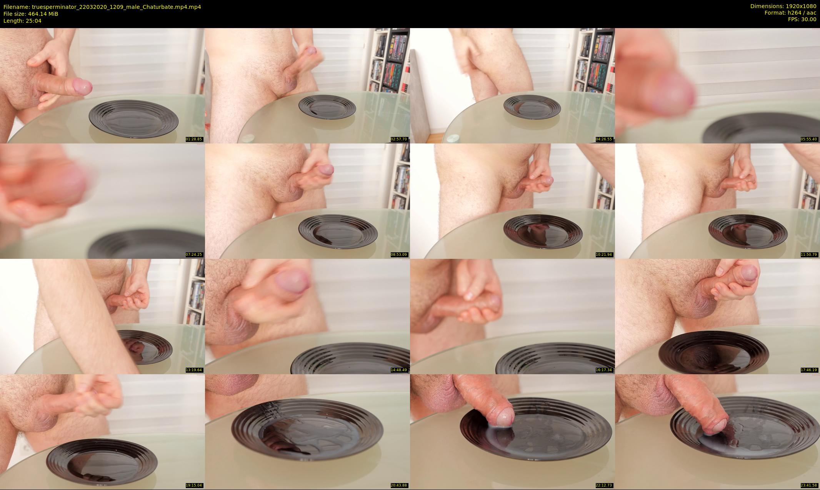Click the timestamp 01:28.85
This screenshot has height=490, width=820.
pyautogui.click(x=194, y=139)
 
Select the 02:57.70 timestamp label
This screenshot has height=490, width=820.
pyautogui.click(x=399, y=139)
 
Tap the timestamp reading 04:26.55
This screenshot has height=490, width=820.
pyautogui.click(x=604, y=139)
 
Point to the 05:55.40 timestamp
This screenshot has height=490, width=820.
pyautogui.click(x=809, y=139)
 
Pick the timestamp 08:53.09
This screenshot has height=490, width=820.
pyautogui.click(x=399, y=255)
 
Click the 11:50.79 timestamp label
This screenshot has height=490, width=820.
pyautogui.click(x=809, y=255)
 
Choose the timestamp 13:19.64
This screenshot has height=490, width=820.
pyautogui.click(x=194, y=370)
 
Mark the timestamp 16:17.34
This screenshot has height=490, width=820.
pyautogui.click(x=604, y=370)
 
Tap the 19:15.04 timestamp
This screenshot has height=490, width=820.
pyautogui.click(x=194, y=485)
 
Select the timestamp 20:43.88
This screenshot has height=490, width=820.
pyautogui.click(x=399, y=485)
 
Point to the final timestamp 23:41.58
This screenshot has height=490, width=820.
pyautogui.click(x=809, y=485)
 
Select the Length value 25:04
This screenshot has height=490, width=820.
pyautogui.click(x=34, y=21)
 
